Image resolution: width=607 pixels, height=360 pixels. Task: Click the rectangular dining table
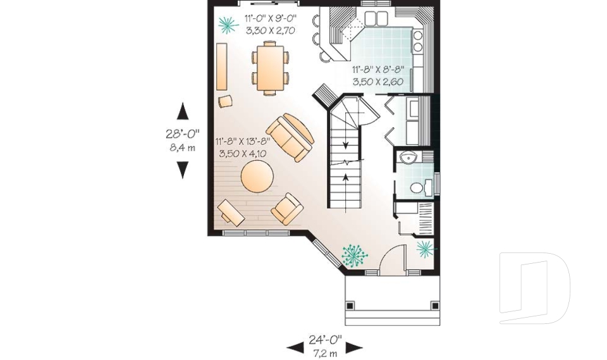pyautogui.click(x=270, y=67)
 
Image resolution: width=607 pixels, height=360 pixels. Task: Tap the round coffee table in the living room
pyautogui.click(x=257, y=177)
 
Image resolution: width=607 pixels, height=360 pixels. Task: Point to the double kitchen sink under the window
pyautogui.click(x=377, y=17)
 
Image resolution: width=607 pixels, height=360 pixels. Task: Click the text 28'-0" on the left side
pyautogui.click(x=183, y=133)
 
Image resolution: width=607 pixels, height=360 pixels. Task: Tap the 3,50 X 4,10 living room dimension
pyautogui.click(x=243, y=153)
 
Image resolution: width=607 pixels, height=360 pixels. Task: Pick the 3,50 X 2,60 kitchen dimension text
pyautogui.click(x=380, y=82)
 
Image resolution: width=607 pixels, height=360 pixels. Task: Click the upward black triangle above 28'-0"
pyautogui.click(x=183, y=111)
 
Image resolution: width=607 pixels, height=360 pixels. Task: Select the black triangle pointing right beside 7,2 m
pyautogui.click(x=354, y=347)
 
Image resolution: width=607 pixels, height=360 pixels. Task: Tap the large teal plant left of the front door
pyautogui.click(x=354, y=255)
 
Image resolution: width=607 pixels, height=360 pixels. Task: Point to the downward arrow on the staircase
pyautogui.click(x=346, y=146)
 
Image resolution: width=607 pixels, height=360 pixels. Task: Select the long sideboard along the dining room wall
pyautogui.click(x=221, y=67)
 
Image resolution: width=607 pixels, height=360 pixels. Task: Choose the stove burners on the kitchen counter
pyautogui.click(x=418, y=40)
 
